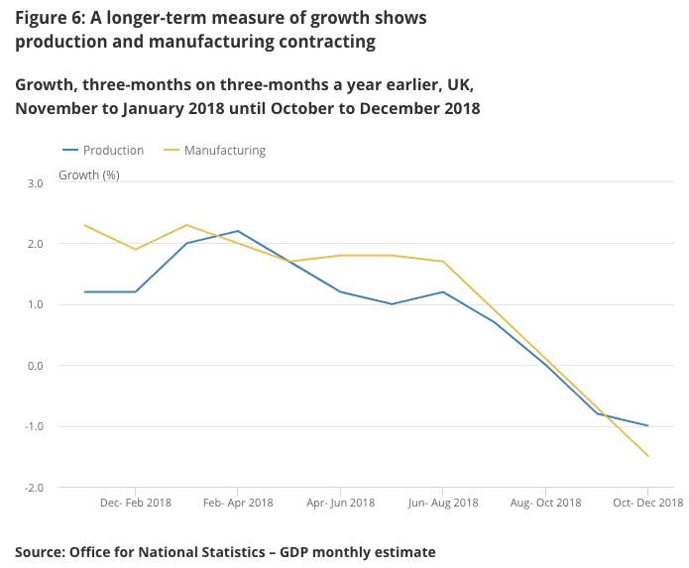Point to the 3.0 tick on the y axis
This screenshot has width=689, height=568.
36,183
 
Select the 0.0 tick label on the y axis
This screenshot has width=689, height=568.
36,366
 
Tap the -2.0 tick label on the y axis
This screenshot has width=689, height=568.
34,488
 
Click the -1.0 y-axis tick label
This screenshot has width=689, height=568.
34,426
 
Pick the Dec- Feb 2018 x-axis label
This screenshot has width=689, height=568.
136,503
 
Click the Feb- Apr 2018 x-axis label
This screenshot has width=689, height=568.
238,503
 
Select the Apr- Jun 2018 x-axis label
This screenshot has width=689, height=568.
340,503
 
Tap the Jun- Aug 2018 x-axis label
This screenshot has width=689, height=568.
443,503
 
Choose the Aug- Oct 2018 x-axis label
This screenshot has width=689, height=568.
545,503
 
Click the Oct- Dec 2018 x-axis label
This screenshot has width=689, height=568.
647,503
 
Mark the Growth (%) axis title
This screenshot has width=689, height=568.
89,175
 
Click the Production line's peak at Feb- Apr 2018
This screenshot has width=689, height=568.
238,231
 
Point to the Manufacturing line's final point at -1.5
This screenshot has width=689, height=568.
648,456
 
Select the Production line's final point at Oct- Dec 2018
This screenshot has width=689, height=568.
648,426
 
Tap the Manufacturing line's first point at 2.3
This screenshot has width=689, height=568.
84,225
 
